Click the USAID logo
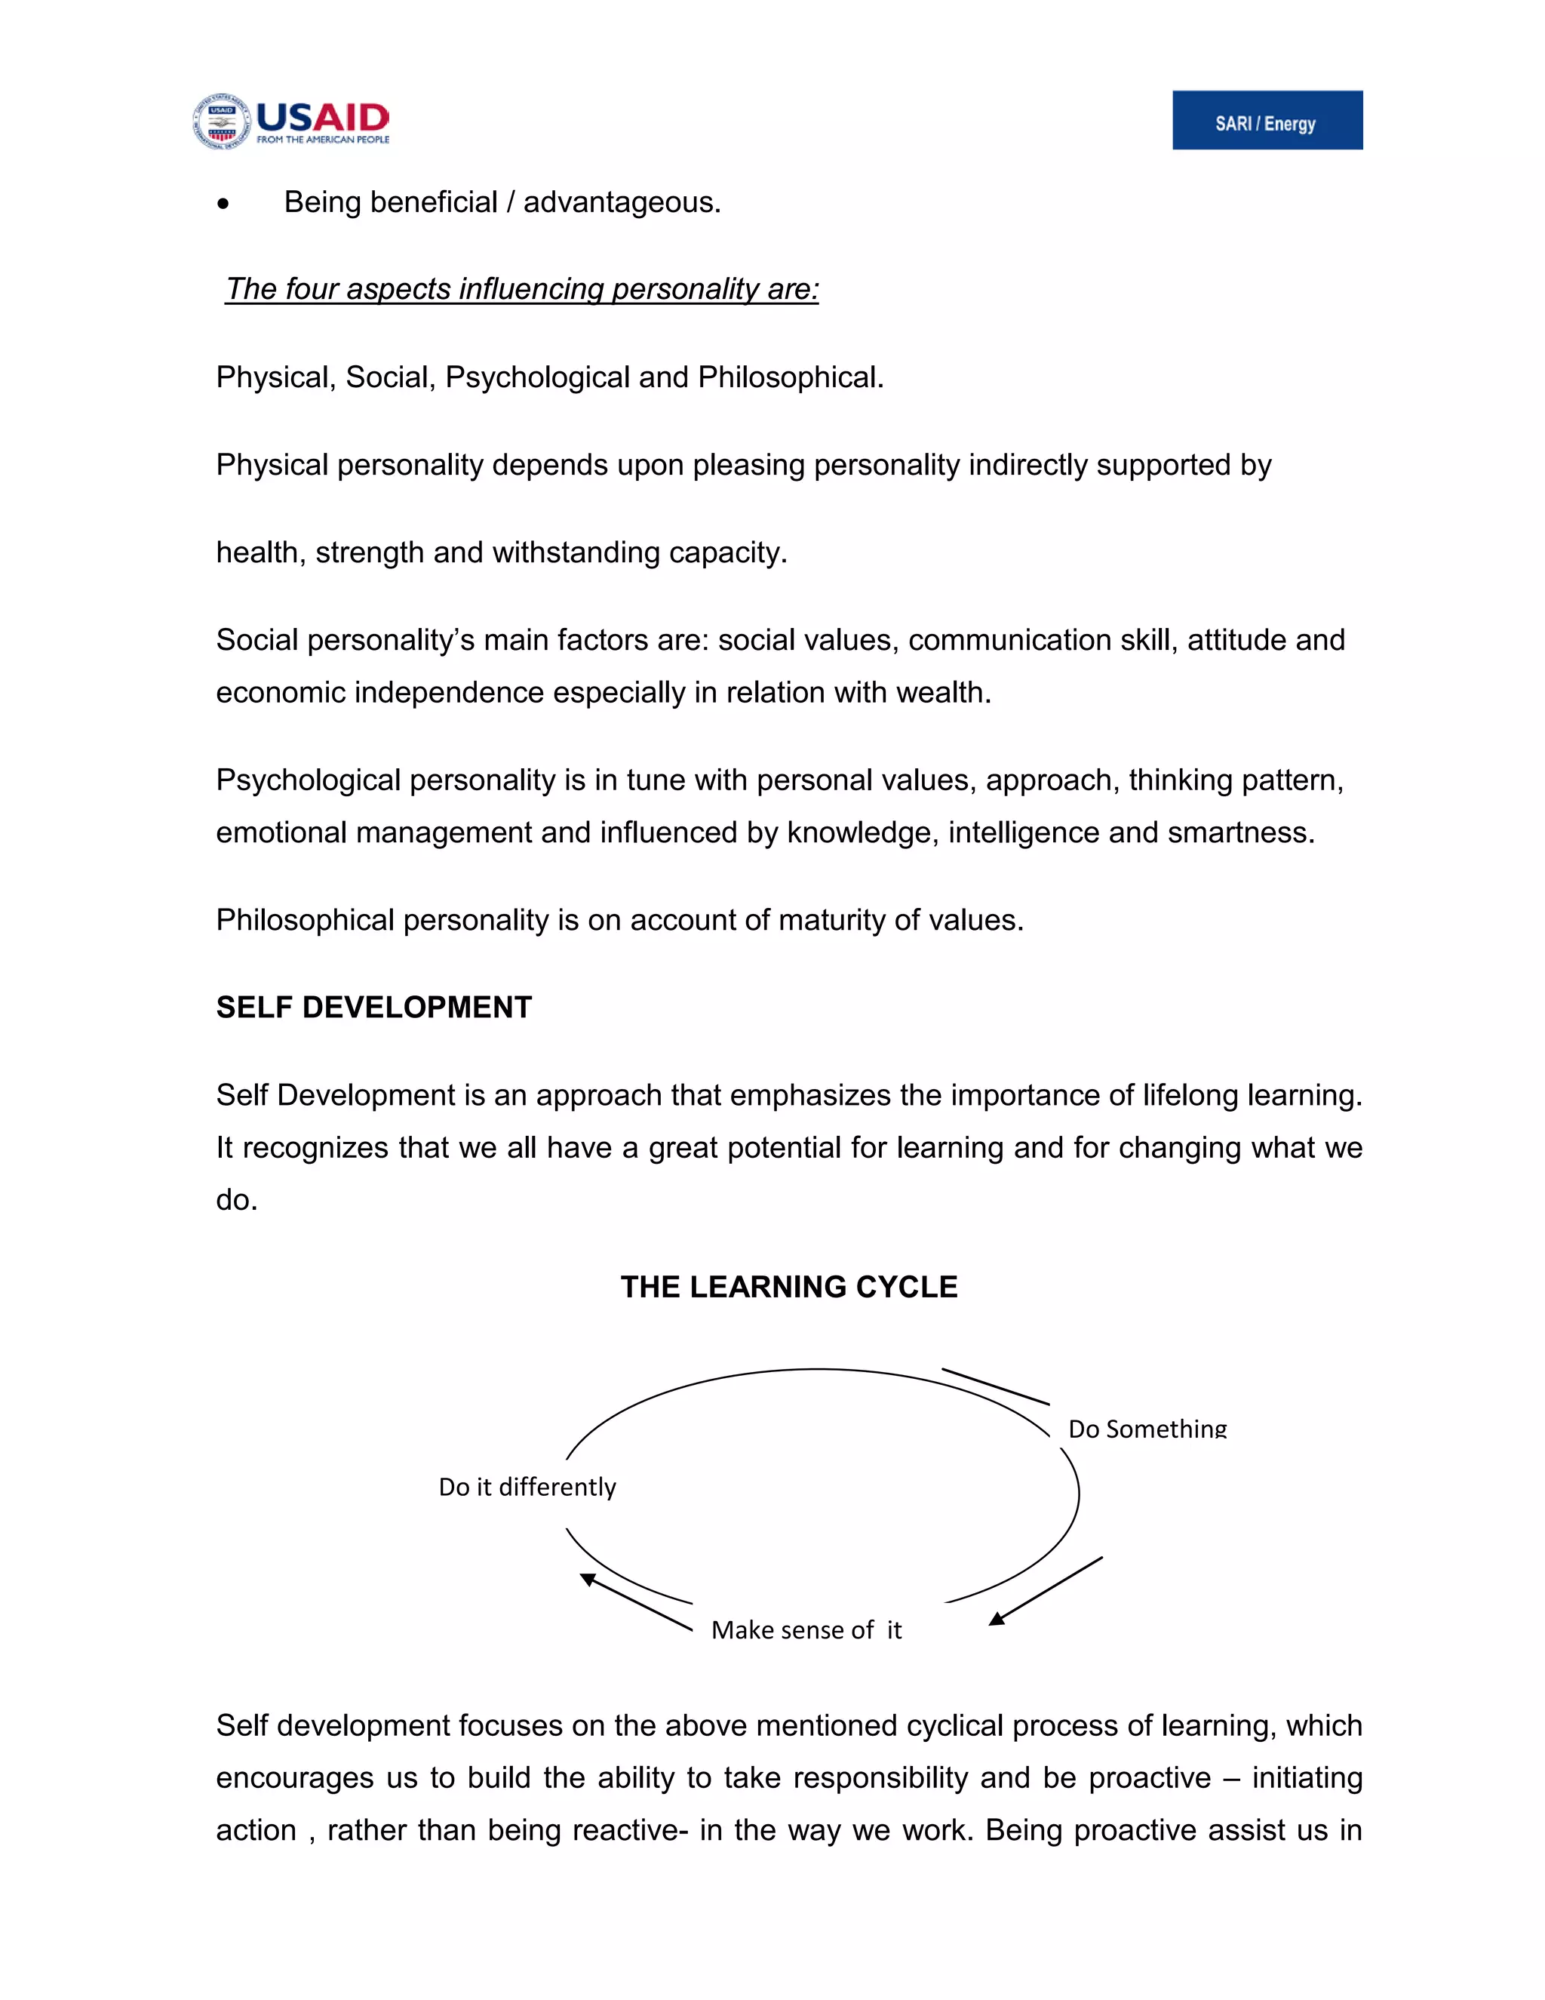(291, 121)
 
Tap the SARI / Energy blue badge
(1267, 120)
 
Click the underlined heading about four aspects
(522, 289)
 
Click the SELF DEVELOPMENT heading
(373, 1008)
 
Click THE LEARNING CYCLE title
(789, 1287)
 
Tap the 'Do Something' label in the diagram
(1147, 1429)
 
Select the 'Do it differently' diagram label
(527, 1488)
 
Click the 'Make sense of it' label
(806, 1630)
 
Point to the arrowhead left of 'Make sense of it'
(588, 1579)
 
